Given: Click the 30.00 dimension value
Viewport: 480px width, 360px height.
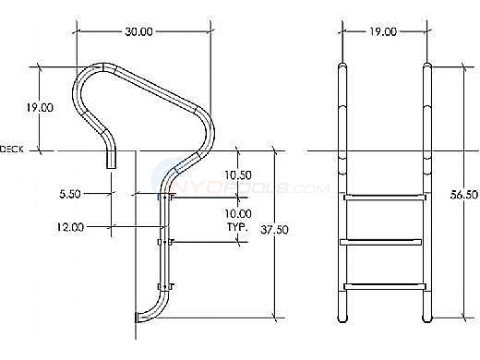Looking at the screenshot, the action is click(x=138, y=31).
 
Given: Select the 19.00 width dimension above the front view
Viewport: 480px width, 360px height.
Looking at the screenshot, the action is click(x=383, y=31).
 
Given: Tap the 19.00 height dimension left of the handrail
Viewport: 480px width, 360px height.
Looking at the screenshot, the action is click(x=40, y=107).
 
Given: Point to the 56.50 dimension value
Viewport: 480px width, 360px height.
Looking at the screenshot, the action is click(x=464, y=195).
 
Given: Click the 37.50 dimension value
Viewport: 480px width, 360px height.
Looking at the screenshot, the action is click(x=274, y=230).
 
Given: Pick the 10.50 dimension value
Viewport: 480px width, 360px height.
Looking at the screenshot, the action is click(x=238, y=175).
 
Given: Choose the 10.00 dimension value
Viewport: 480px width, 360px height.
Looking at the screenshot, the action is click(x=238, y=213).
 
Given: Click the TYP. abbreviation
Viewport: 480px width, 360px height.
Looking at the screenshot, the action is click(x=237, y=227).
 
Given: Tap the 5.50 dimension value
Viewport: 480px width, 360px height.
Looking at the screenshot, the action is click(x=70, y=194).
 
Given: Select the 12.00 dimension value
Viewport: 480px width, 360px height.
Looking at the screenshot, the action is click(x=70, y=227).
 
